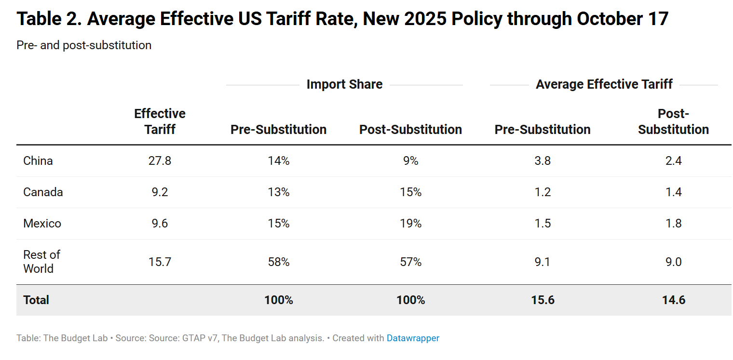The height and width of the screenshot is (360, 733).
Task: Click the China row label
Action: point(38,161)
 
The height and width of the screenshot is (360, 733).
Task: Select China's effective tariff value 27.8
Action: point(160,161)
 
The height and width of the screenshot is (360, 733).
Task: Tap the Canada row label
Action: point(43,192)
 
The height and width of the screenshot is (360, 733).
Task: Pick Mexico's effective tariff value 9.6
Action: point(160,224)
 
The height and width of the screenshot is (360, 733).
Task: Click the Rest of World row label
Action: point(42,262)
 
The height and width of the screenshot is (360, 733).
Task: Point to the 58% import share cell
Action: point(279,262)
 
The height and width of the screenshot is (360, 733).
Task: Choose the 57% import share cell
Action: point(411,262)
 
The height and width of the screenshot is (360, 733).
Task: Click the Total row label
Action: point(36,300)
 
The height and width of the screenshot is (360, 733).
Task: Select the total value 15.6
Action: point(543,300)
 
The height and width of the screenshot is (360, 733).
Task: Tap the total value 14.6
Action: point(674,300)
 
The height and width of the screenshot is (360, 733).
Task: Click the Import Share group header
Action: point(344,84)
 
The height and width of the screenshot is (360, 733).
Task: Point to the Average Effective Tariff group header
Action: point(604,84)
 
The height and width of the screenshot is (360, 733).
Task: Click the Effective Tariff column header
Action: point(160,121)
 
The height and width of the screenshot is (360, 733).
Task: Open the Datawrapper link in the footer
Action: point(413,338)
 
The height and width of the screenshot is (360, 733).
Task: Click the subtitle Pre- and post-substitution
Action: point(84,45)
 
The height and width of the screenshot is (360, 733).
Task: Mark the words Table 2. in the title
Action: point(48,19)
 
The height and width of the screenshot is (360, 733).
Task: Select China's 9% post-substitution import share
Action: point(411,161)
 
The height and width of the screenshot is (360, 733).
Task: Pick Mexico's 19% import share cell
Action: point(411,224)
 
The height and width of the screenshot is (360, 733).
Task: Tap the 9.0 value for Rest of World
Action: point(674,262)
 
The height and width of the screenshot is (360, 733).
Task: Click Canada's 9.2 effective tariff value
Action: point(160,192)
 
